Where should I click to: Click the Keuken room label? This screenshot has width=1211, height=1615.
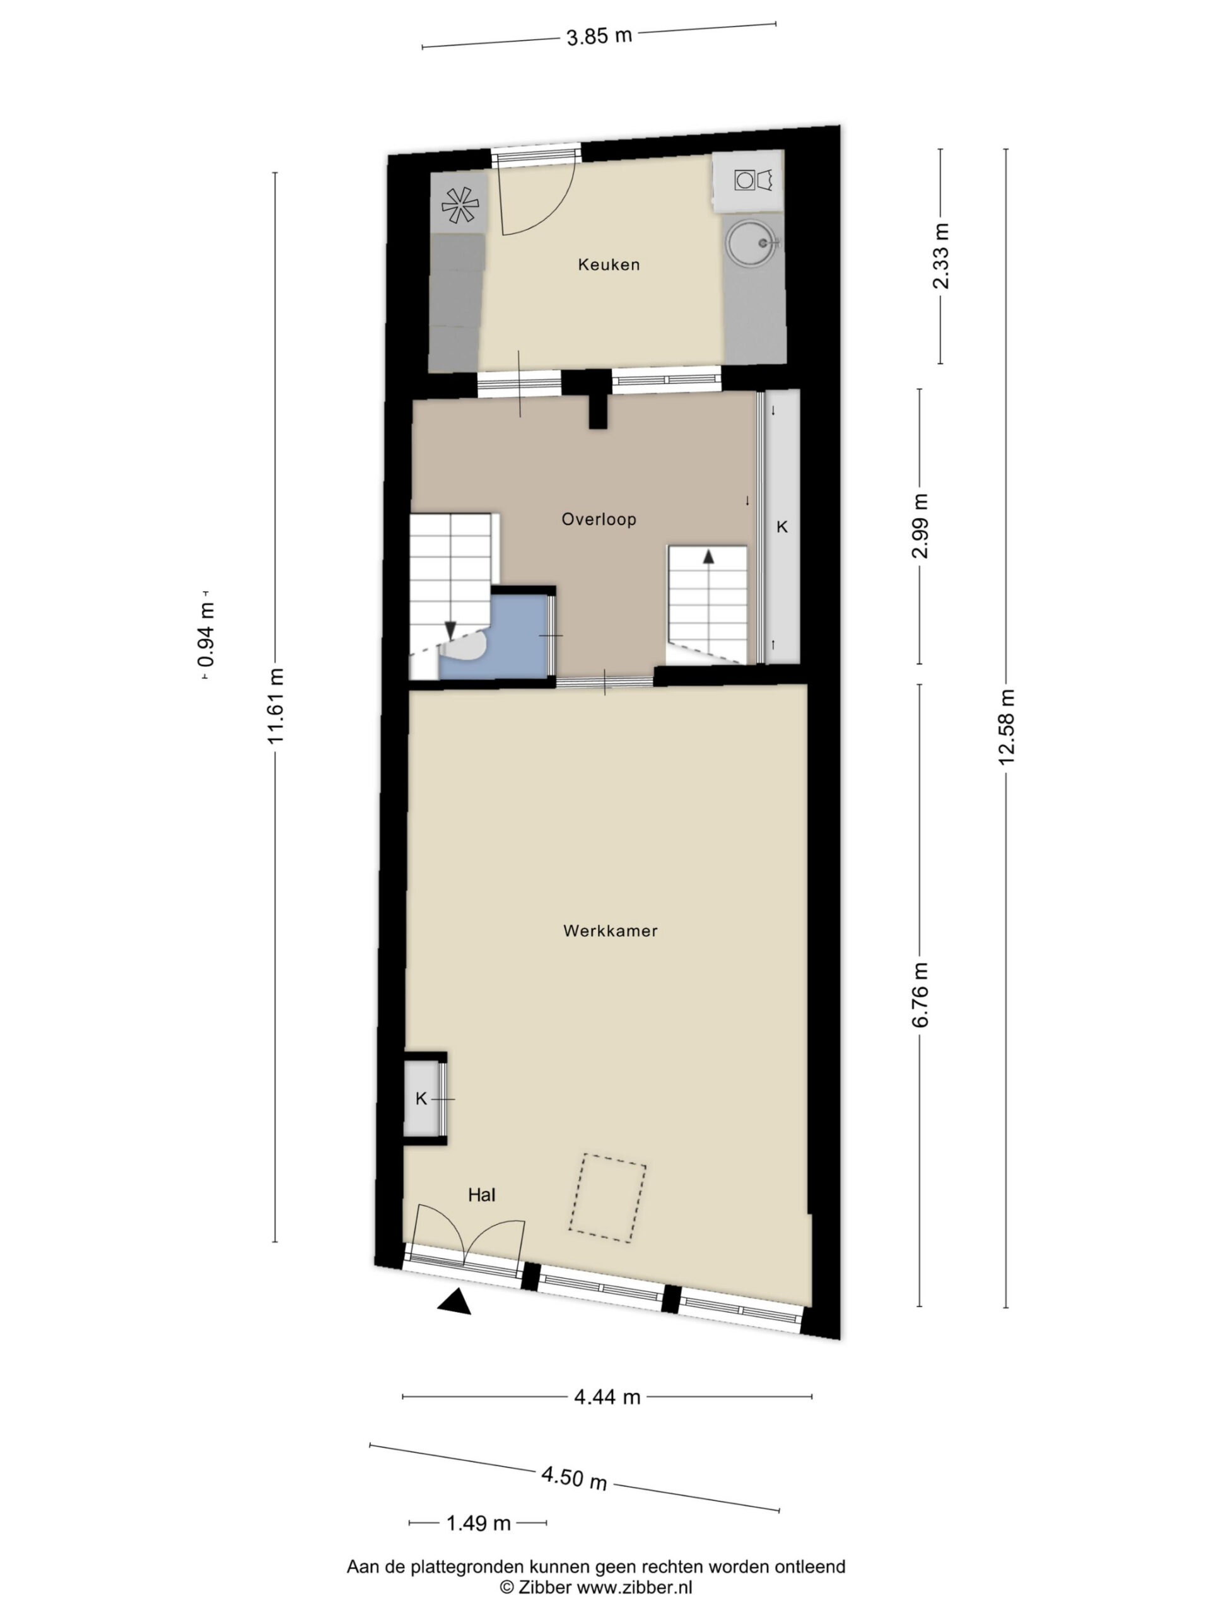[x=609, y=265]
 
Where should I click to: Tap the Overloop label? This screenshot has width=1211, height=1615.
[x=599, y=519]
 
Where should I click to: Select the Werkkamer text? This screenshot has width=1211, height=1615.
[x=611, y=931]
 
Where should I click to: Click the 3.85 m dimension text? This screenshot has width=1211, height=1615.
[x=599, y=36]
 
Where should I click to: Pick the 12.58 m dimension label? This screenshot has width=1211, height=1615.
[x=1007, y=727]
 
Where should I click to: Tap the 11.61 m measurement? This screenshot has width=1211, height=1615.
[x=275, y=707]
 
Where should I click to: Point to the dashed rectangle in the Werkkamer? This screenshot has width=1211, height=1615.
[x=607, y=1198]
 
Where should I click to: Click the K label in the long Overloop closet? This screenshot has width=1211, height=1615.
[x=781, y=526]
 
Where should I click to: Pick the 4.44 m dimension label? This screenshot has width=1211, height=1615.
[x=607, y=1397]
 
